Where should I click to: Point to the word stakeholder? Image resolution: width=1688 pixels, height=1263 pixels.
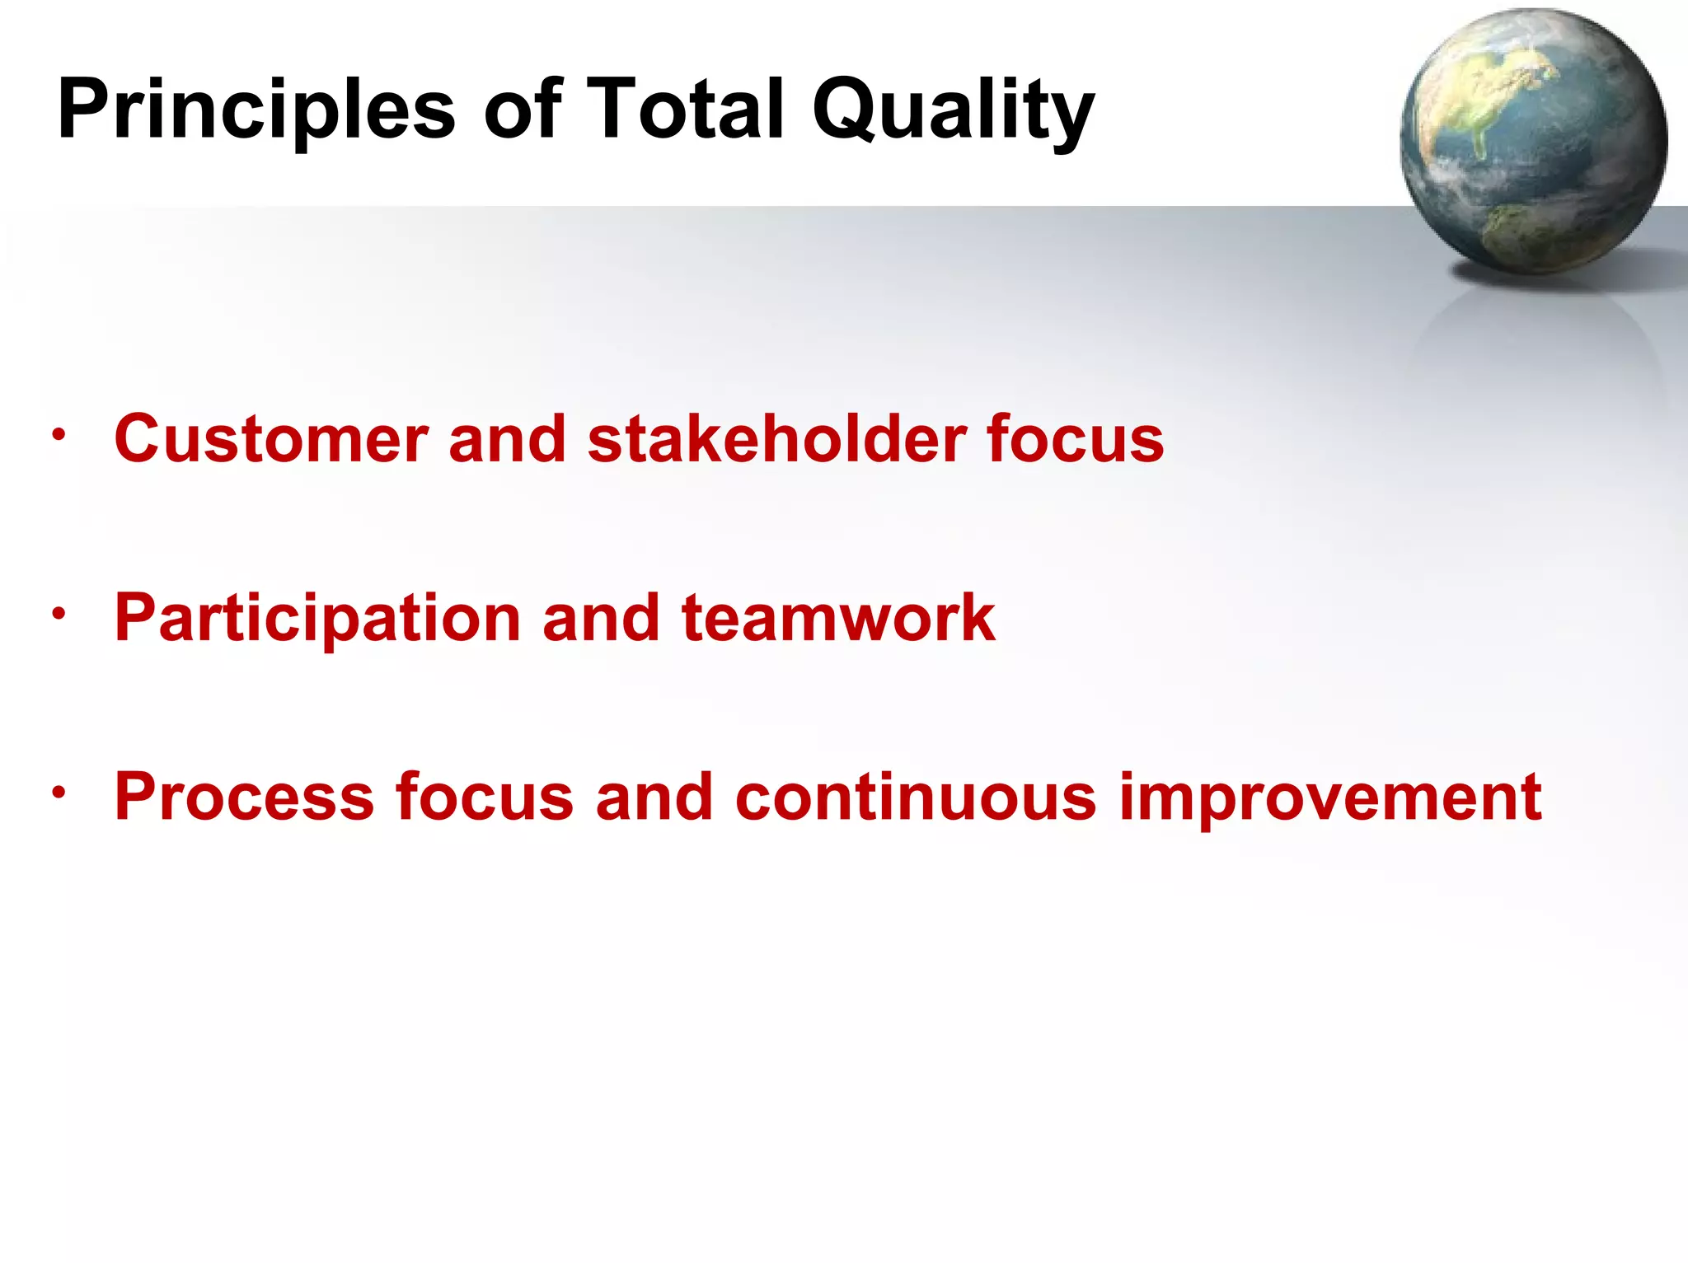tap(776, 439)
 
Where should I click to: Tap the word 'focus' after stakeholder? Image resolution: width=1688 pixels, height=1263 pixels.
tap(1075, 439)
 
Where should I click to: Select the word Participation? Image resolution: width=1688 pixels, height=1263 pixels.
tap(317, 619)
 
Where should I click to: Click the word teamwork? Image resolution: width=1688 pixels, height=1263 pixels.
tap(838, 619)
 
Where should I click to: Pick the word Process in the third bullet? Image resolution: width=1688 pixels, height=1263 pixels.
tap(244, 797)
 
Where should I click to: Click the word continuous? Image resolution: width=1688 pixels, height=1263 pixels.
tap(915, 797)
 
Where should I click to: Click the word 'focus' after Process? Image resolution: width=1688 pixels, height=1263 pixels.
tap(484, 797)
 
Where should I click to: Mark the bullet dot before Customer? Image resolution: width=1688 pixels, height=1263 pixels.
tap(58, 435)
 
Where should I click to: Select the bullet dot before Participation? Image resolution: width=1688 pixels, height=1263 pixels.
tap(58, 614)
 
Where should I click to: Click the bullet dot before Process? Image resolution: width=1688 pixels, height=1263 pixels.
tap(58, 793)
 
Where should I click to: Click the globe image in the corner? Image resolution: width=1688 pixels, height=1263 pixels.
tap(1533, 142)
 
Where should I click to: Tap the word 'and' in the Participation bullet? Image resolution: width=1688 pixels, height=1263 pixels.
tap(601, 619)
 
